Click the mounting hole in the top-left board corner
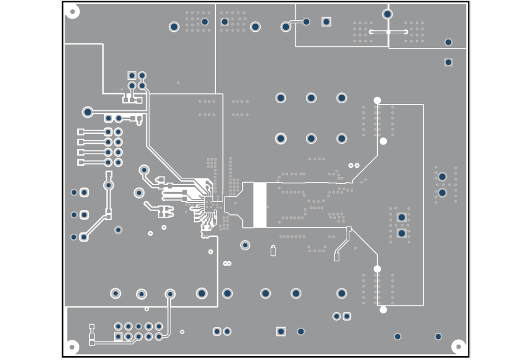[72, 11]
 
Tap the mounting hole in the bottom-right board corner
[458, 347]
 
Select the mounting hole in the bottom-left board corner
[72, 347]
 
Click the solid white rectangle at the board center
[259, 205]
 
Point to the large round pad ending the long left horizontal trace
[88, 112]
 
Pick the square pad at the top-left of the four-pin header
[132, 75]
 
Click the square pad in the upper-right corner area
[448, 62]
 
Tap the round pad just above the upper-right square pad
[448, 42]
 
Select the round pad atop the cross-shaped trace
[387, 14]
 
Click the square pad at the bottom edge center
[281, 332]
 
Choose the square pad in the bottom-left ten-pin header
[118, 336]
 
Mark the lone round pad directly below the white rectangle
[245, 245]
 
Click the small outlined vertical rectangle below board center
[273, 251]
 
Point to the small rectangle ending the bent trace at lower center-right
[337, 257]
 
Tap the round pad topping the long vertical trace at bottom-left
[170, 294]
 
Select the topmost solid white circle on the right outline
[377, 100]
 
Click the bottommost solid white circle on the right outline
[383, 310]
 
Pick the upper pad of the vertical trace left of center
[109, 185]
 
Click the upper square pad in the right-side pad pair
[402, 217]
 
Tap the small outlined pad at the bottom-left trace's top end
[92, 326]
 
